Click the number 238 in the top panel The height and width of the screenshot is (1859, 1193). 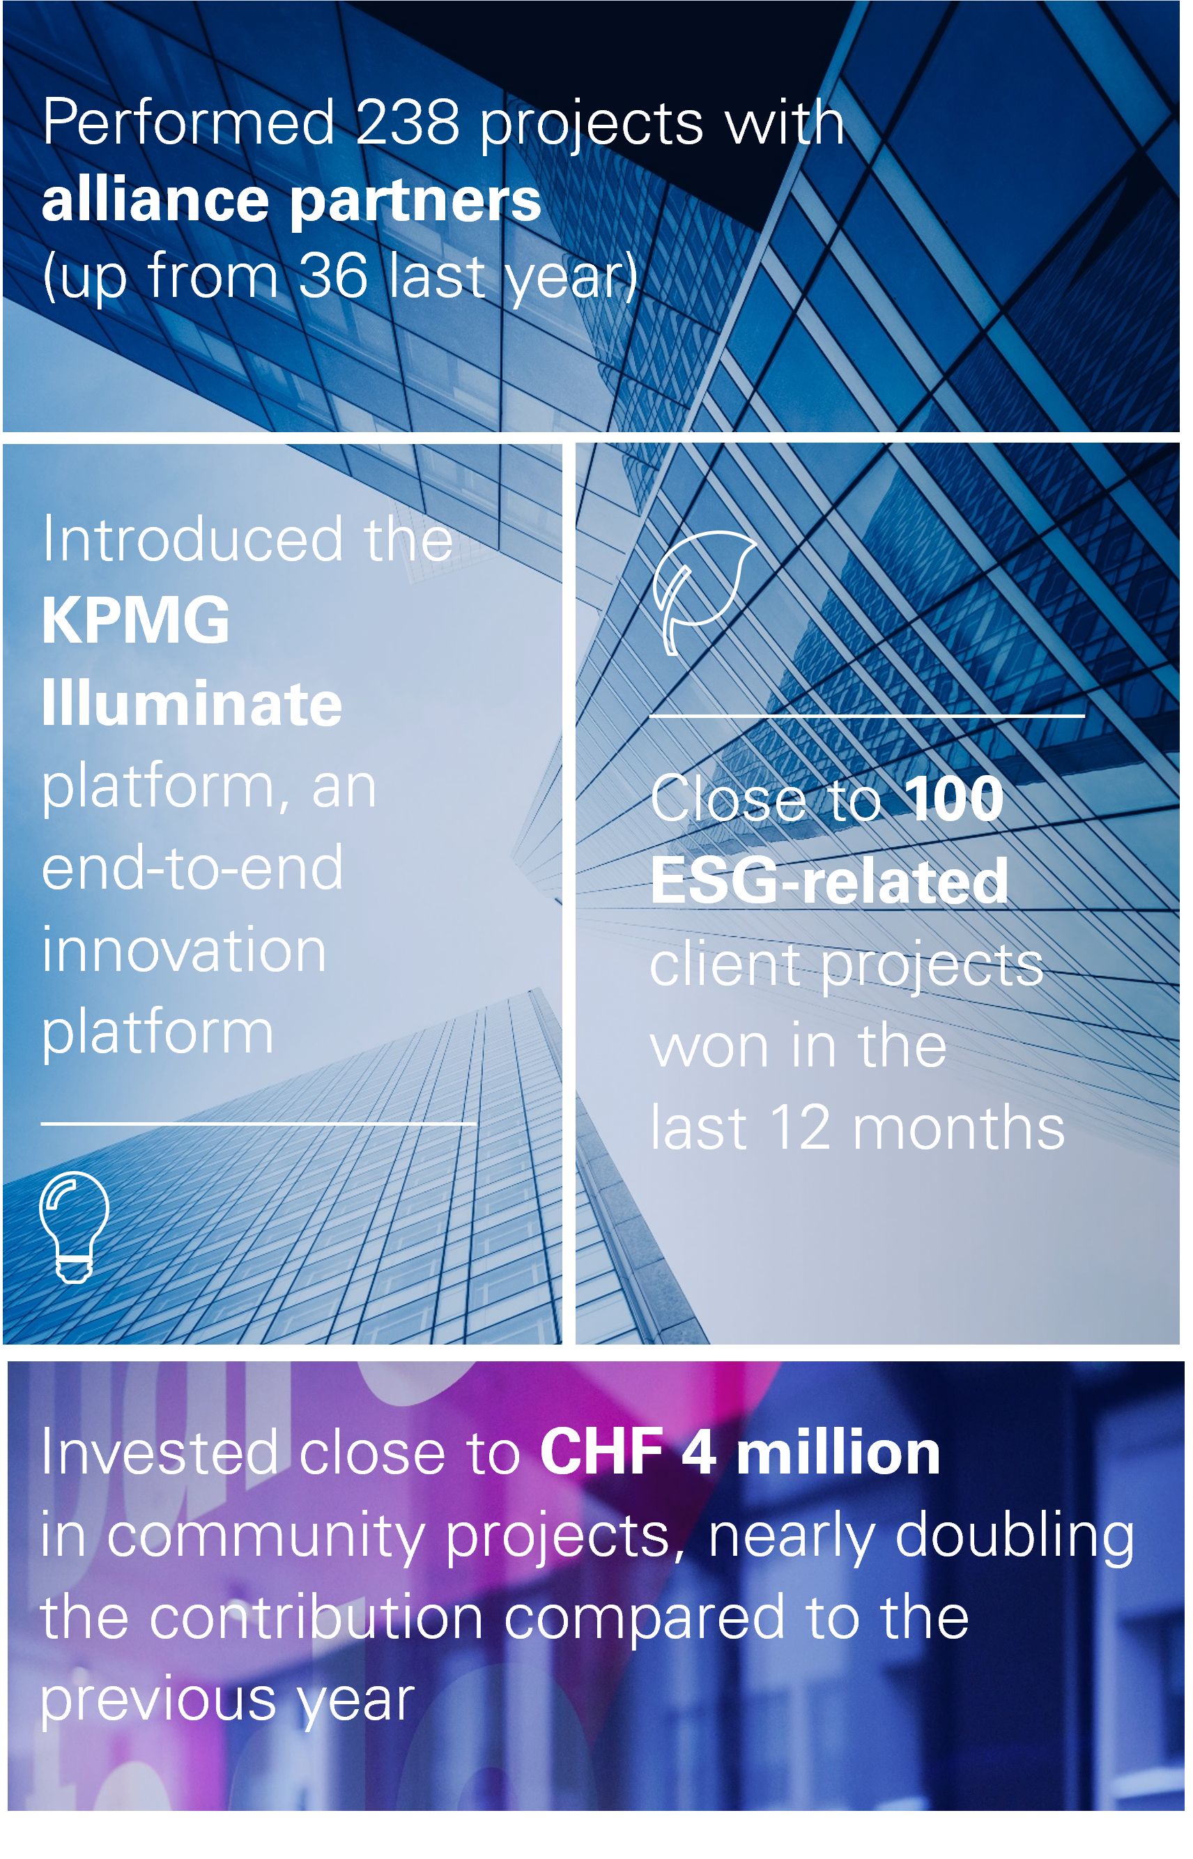tap(408, 122)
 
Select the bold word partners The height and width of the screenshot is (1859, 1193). tap(415, 203)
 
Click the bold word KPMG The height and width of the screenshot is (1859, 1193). tap(136, 620)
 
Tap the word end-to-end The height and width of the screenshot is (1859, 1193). tap(192, 867)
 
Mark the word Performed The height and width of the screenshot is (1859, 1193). tap(188, 122)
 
